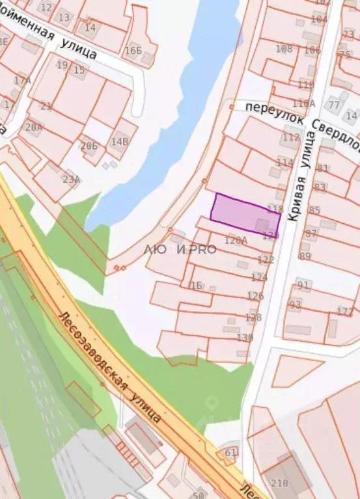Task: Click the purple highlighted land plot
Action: [244, 214]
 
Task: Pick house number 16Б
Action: [133, 50]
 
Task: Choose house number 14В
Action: [119, 141]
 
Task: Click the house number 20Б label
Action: [89, 146]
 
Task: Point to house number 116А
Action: [304, 103]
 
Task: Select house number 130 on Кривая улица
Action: [245, 337]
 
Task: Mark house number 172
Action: [345, 312]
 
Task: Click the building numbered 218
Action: [279, 483]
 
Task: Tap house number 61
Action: [231, 452]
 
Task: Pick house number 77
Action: [334, 104]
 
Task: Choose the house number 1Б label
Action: [194, 285]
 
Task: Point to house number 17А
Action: [22, 81]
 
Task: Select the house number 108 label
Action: [284, 49]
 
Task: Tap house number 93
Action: [295, 304]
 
